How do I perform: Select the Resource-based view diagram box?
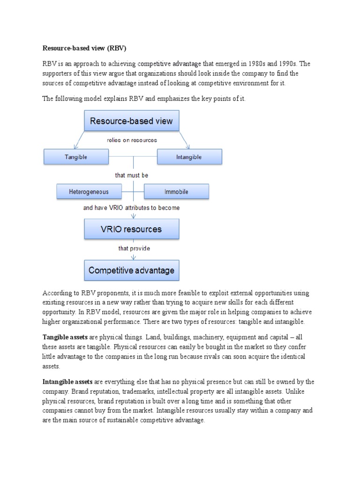[x=131, y=121]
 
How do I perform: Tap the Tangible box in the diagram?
[x=75, y=157]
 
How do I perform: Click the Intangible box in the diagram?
[x=189, y=157]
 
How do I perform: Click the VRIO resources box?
[x=131, y=229]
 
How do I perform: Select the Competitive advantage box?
[x=131, y=270]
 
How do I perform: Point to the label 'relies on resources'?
[x=132, y=140]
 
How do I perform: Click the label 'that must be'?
[x=132, y=175]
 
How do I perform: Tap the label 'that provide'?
[x=134, y=248]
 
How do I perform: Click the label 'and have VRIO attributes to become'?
[x=131, y=208]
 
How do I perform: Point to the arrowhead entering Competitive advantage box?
[x=134, y=257]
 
